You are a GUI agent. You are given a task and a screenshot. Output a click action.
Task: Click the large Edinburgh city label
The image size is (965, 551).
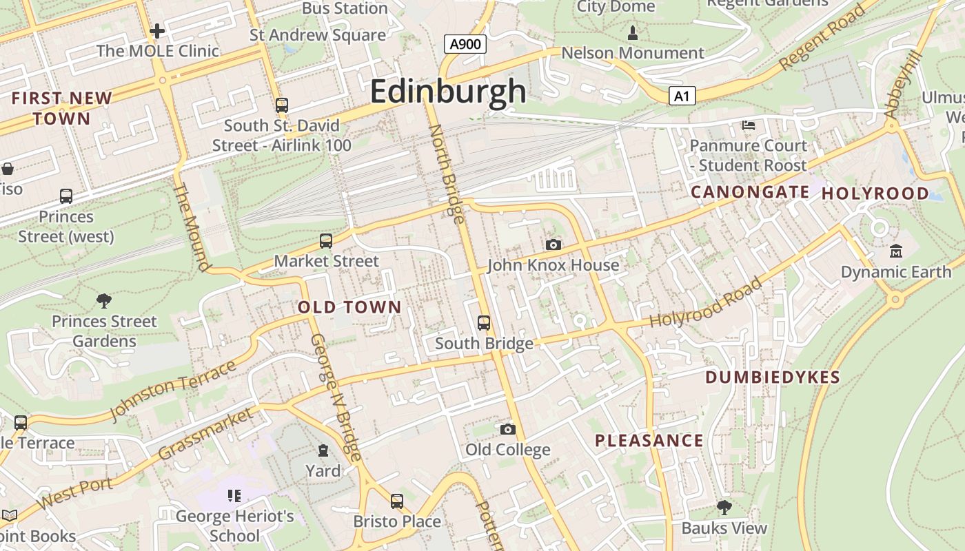[448, 92]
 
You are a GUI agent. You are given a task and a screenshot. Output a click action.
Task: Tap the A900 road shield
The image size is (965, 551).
[465, 45]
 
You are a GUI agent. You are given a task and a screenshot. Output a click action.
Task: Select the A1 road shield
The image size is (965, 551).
[682, 96]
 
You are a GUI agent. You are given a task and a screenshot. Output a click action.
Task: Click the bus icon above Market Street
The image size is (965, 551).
[326, 241]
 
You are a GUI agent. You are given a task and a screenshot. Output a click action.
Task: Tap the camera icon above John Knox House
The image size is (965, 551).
[553, 245]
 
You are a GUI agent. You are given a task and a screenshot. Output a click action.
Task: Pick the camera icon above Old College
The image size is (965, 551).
[508, 430]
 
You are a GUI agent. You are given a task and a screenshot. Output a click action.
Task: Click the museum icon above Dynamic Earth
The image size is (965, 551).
[896, 251]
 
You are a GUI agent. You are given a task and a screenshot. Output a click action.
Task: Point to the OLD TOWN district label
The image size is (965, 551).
[349, 308]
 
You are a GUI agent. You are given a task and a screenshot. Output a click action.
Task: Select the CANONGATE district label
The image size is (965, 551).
[750, 192]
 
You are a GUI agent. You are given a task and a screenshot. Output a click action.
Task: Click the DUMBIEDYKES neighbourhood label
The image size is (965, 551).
[773, 377]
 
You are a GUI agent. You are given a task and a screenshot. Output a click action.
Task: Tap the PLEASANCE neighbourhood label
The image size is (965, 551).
[649, 441]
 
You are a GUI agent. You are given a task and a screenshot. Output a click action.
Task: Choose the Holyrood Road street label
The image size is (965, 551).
[706, 303]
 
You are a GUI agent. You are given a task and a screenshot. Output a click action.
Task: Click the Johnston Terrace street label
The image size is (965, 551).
[173, 391]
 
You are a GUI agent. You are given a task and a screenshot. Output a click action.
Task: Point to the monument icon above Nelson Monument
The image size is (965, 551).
[633, 32]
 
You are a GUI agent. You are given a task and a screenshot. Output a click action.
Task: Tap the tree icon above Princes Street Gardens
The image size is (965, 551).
[104, 300]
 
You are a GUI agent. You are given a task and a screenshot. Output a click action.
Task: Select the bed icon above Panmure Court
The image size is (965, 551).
[749, 125]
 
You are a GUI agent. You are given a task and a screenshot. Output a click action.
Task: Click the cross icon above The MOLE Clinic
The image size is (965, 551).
[157, 30]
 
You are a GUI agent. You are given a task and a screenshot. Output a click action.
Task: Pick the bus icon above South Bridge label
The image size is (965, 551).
[484, 322]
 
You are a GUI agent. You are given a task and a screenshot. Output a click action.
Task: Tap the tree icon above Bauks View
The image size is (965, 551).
[724, 508]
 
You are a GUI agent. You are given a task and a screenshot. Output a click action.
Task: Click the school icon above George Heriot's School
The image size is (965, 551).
[234, 496]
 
